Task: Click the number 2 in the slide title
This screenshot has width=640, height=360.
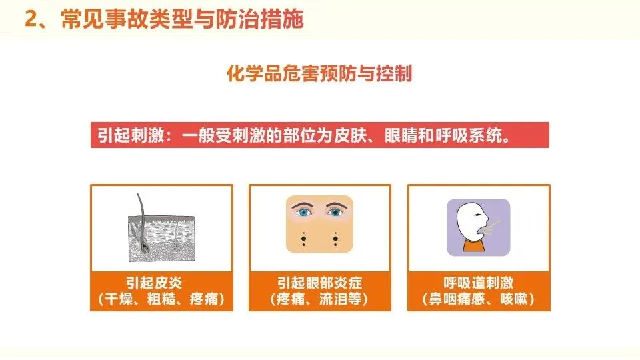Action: coord(31,19)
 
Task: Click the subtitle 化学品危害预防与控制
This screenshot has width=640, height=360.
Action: coord(319,73)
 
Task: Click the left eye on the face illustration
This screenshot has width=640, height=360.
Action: coord(303,212)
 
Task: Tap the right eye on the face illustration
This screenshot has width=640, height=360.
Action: coord(335,212)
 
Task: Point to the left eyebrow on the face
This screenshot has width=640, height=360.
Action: coord(301,205)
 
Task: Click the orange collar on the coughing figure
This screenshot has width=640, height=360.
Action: coord(474,246)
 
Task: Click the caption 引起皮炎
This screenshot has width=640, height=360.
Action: coord(153,283)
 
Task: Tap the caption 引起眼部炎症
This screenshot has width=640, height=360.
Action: coord(319,283)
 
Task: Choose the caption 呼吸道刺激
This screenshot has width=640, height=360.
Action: coord(479,283)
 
